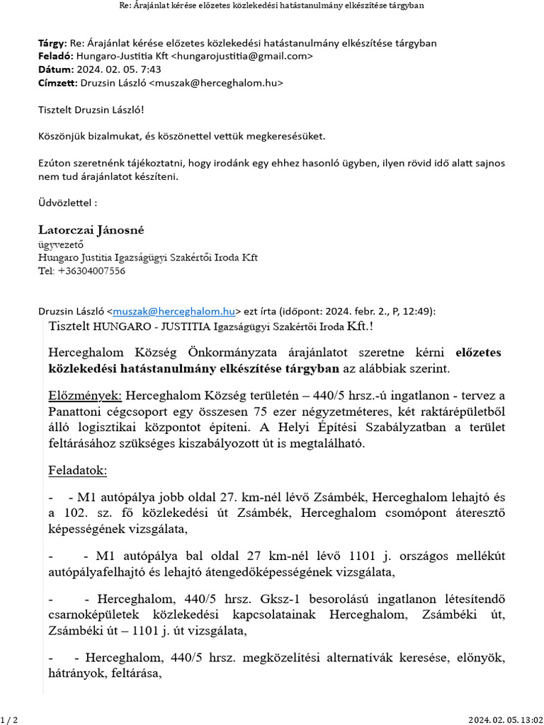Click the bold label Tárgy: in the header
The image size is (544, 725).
[52, 43]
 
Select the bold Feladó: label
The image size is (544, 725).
[55, 56]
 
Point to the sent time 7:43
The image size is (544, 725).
[151, 69]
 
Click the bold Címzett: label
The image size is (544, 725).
[57, 83]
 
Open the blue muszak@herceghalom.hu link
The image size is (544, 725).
[174, 311]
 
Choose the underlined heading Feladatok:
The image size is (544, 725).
[77, 470]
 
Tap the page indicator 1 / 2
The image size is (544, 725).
[10, 719]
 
